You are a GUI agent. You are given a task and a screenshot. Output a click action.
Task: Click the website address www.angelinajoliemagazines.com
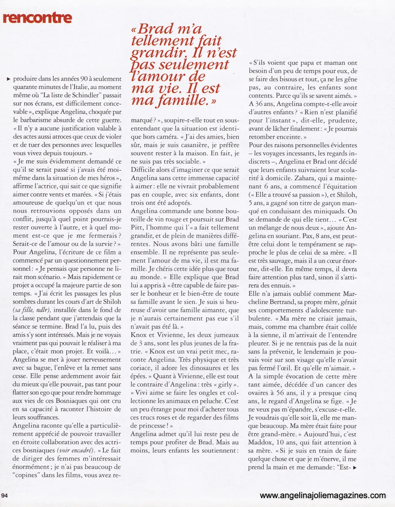[x=323, y=496]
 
